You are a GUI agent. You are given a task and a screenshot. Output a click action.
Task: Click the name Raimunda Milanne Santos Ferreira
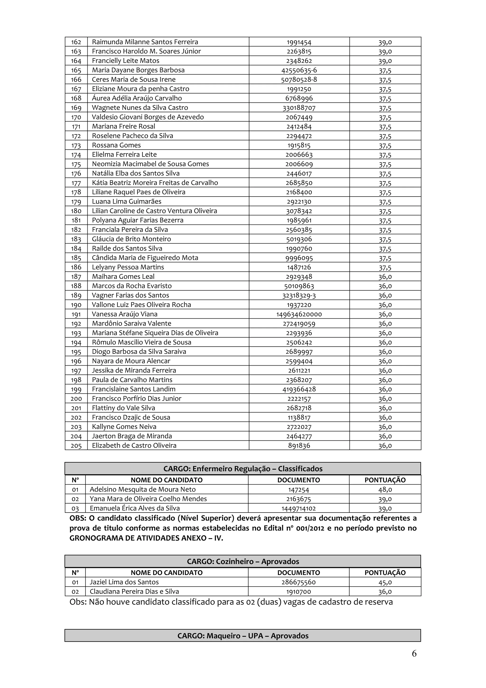tap(145, 42)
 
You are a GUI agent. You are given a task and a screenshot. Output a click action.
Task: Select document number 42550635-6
tap(299, 70)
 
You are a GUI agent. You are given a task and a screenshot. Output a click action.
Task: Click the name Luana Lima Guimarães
tap(127, 201)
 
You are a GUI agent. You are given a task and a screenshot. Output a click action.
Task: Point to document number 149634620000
tap(299, 314)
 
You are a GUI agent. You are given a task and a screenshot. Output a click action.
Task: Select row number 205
tap(76, 445)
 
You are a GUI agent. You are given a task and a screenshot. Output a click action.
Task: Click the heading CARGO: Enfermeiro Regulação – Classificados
tap(243, 469)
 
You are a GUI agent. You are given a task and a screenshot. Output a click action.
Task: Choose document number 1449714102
tap(299, 508)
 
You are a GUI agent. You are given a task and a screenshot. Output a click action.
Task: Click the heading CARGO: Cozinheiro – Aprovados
tap(243, 561)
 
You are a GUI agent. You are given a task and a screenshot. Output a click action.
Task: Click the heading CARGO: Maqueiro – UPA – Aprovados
tap(243, 636)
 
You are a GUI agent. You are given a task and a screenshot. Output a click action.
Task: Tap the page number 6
tap(414, 654)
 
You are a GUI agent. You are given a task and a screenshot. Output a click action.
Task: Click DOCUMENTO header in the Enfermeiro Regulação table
tap(299, 480)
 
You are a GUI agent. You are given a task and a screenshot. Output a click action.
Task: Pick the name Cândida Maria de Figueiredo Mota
tap(145, 258)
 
